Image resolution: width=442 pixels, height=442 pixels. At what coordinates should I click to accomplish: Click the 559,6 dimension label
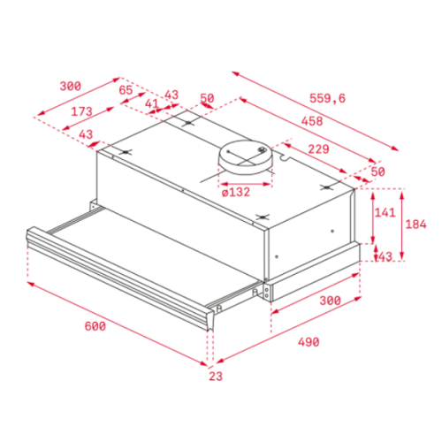coord(327,98)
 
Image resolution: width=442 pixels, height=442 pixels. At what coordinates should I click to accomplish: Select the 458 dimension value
coord(312,121)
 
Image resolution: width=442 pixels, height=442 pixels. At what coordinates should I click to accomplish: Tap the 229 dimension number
coord(318,149)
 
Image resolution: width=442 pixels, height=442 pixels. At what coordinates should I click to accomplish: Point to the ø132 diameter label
coord(236,193)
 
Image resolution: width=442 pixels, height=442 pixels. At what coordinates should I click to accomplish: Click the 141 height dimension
coord(385,212)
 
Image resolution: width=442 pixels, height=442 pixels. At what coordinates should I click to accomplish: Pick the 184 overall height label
coord(415,225)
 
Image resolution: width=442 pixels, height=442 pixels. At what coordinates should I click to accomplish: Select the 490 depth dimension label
coord(309,342)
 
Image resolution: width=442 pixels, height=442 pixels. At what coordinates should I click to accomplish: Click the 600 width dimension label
coord(95,326)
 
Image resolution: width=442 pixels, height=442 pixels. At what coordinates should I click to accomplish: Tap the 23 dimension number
coord(216,377)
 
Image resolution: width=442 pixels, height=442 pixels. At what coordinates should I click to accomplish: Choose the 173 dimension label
coord(81,111)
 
